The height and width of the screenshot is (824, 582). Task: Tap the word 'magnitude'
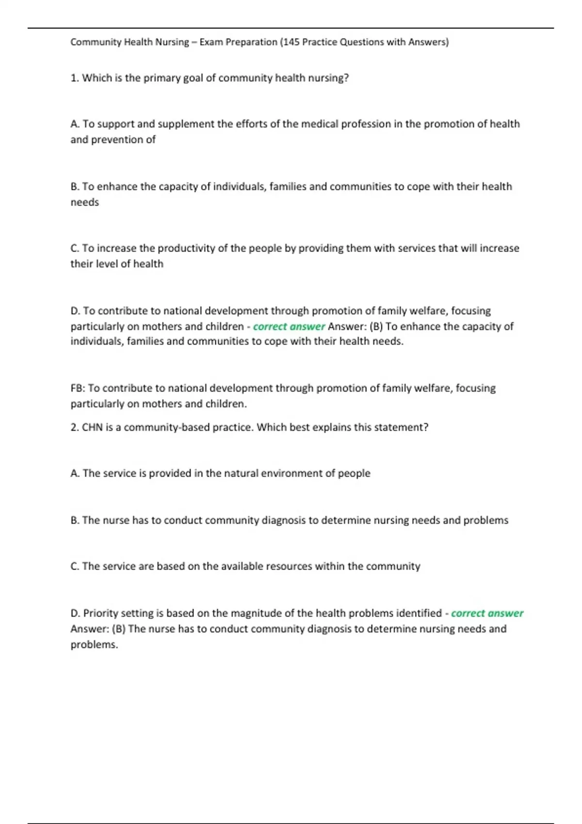coord(255,613)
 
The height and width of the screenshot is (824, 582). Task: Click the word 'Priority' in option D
coord(100,613)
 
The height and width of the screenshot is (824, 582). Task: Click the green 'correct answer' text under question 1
coord(289,327)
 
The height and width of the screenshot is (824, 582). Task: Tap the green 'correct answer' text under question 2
coord(487,613)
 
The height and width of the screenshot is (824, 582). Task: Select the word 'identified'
coord(419,613)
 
